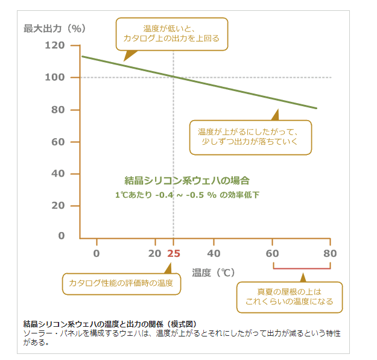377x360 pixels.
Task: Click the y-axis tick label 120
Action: coord(54,45)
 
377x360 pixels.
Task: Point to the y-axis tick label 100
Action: coord(54,77)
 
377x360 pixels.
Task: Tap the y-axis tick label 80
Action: coord(58,110)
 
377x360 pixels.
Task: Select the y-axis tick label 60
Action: coord(58,142)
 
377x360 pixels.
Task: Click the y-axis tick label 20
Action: coord(58,206)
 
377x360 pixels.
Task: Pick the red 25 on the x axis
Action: coord(174,253)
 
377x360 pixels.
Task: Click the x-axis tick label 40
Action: coord(214,253)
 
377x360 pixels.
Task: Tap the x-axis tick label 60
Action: coord(272,253)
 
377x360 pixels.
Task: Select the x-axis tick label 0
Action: coord(97,253)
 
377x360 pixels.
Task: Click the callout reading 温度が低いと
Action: coord(171,33)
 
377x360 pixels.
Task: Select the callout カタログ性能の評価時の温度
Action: coord(121,283)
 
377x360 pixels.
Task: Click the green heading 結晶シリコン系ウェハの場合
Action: coord(187,180)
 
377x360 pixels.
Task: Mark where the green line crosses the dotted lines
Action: coord(174,77)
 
